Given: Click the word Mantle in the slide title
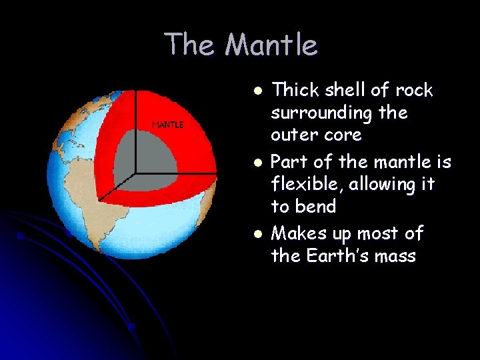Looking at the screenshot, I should [x=271, y=45].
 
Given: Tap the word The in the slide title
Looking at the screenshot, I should [x=191, y=45].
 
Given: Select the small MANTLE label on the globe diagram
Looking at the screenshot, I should [x=168, y=125].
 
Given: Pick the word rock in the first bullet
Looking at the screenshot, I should [x=413, y=90].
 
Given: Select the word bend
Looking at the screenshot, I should [x=316, y=207].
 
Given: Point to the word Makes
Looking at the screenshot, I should [x=301, y=234].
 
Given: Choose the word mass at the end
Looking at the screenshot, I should [x=393, y=256].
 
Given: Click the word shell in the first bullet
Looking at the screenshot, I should [x=351, y=90].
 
